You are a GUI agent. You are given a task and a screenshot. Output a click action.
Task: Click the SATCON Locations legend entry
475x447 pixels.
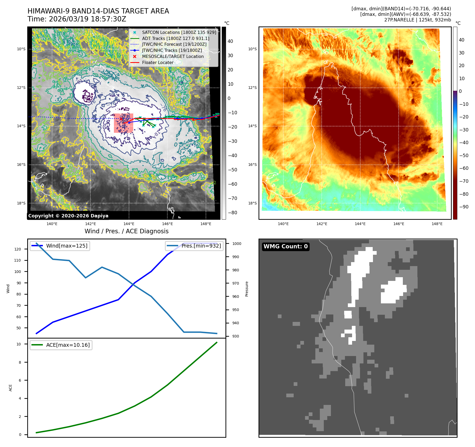click(179, 32)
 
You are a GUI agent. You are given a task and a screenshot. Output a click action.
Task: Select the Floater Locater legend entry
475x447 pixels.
click(158, 63)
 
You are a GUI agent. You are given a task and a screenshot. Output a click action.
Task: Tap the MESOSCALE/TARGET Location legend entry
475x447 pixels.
click(173, 57)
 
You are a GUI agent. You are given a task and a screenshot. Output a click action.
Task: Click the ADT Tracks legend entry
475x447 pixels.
click(176, 38)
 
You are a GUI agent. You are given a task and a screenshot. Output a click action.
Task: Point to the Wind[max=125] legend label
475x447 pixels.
click(67, 246)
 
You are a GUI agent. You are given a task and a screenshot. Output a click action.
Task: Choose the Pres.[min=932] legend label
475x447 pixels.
click(201, 246)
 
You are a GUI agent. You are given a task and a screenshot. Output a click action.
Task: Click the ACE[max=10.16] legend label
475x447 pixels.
click(68, 345)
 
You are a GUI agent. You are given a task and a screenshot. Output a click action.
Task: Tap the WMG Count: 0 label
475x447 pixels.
click(285, 247)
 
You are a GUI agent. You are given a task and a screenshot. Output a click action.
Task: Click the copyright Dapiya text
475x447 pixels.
click(68, 216)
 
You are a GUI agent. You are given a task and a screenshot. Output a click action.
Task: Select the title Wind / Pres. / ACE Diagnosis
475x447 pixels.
click(126, 231)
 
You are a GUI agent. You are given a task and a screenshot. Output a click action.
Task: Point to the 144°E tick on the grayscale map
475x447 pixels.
click(129, 224)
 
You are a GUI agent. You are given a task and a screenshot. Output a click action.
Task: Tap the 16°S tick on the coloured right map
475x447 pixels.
click(252, 165)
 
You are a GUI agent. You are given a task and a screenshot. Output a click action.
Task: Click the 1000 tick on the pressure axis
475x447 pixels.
click(237, 244)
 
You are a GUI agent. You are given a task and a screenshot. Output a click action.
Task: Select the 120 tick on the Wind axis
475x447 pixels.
click(17, 249)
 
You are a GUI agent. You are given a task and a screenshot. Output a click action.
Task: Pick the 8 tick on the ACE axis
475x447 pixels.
click(20, 362)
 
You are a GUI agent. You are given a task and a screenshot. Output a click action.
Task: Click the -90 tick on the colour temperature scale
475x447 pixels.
click(464, 207)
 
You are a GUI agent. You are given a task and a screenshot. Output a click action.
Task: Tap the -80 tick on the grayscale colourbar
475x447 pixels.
click(232, 213)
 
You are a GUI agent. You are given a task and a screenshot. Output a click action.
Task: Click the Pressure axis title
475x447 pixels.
click(247, 289)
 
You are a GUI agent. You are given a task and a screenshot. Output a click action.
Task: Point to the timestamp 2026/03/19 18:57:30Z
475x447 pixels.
click(87, 19)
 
